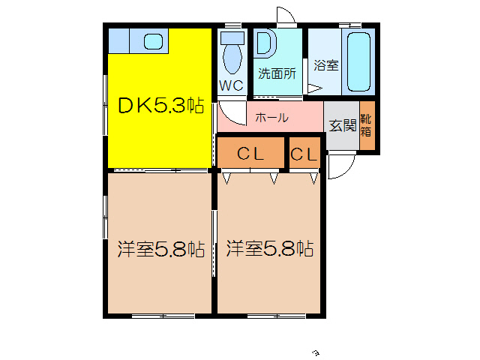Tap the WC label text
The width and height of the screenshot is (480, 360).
pos(232,85)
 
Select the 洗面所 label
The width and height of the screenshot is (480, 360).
pos(277,73)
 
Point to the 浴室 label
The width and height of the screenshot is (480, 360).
pos(325,64)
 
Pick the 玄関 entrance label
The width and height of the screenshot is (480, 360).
pos(341,125)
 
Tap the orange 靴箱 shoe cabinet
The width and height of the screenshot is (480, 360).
pos(366,125)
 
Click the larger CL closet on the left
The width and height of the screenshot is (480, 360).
pos(250,154)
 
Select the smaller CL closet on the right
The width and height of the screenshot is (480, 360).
pos(304,154)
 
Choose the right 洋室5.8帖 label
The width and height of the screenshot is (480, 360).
pos(270,248)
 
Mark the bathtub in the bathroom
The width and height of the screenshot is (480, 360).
pos(358,62)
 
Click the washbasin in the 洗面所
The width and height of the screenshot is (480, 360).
pos(265,43)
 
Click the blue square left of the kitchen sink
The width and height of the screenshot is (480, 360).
pos(118,40)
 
